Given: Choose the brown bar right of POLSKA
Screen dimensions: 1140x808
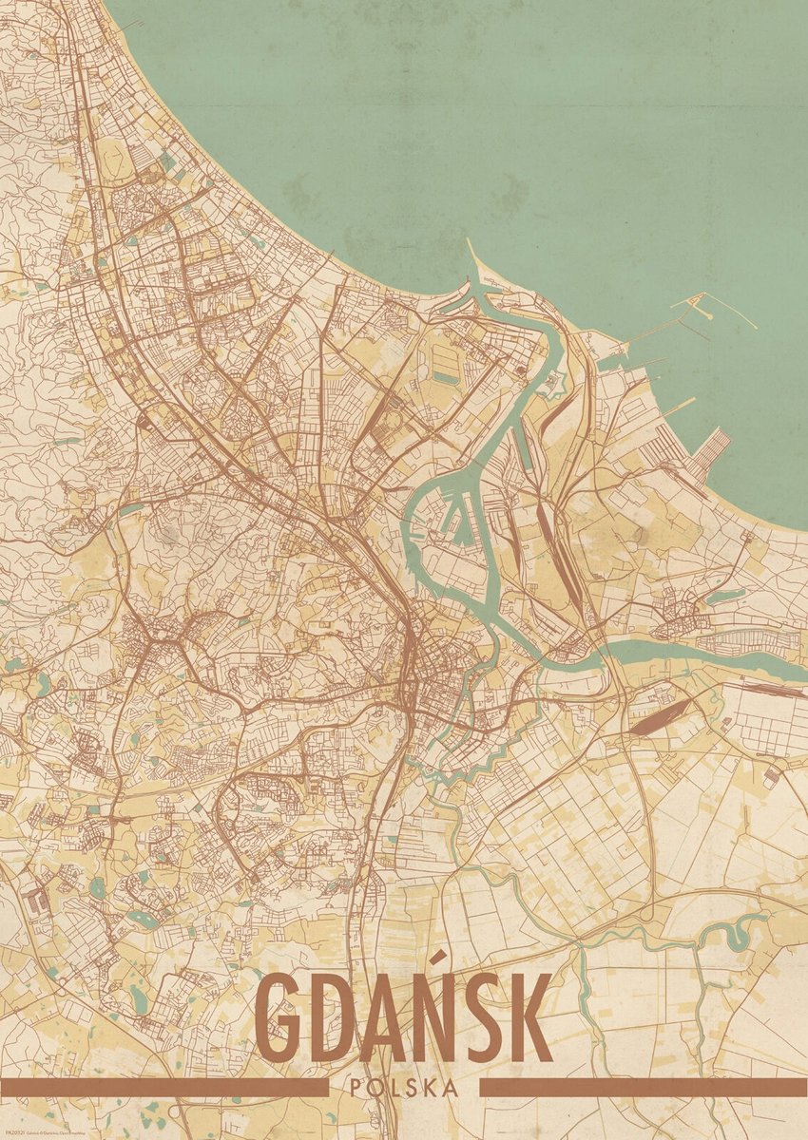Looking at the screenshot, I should tap(643, 1087).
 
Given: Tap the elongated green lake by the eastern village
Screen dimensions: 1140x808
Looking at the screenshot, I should tap(724, 597).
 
